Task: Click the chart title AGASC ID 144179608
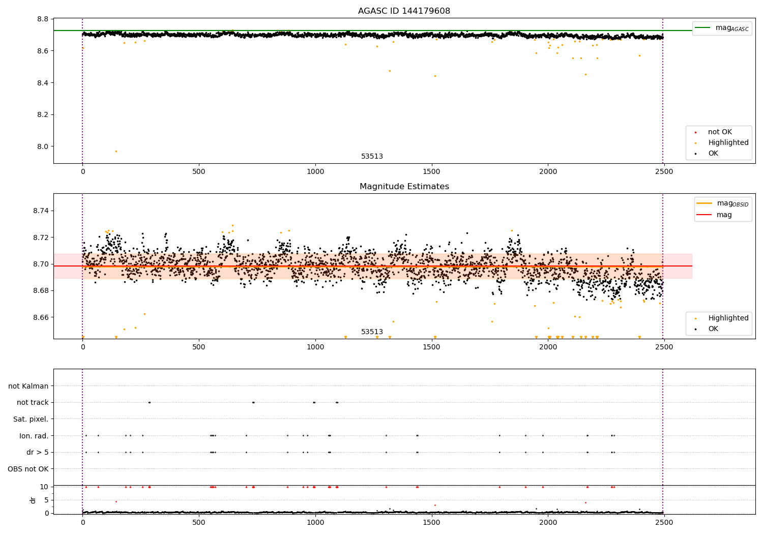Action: (x=404, y=11)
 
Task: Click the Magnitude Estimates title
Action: (x=404, y=187)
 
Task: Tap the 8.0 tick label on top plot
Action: (x=42, y=146)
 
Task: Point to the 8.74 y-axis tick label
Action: (x=40, y=211)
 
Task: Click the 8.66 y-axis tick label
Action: (x=40, y=317)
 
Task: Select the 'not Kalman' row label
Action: (x=28, y=386)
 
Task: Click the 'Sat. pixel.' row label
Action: (x=31, y=419)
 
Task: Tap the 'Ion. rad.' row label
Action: (x=34, y=436)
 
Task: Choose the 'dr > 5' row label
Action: (x=37, y=452)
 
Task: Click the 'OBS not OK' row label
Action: (x=28, y=469)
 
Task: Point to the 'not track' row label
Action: (x=33, y=403)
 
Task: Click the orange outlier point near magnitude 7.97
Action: (x=116, y=151)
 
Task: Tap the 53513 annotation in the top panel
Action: (x=372, y=157)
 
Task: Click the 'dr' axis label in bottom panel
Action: (x=33, y=500)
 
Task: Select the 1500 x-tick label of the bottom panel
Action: (x=431, y=523)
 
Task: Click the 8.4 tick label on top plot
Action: (x=42, y=83)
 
